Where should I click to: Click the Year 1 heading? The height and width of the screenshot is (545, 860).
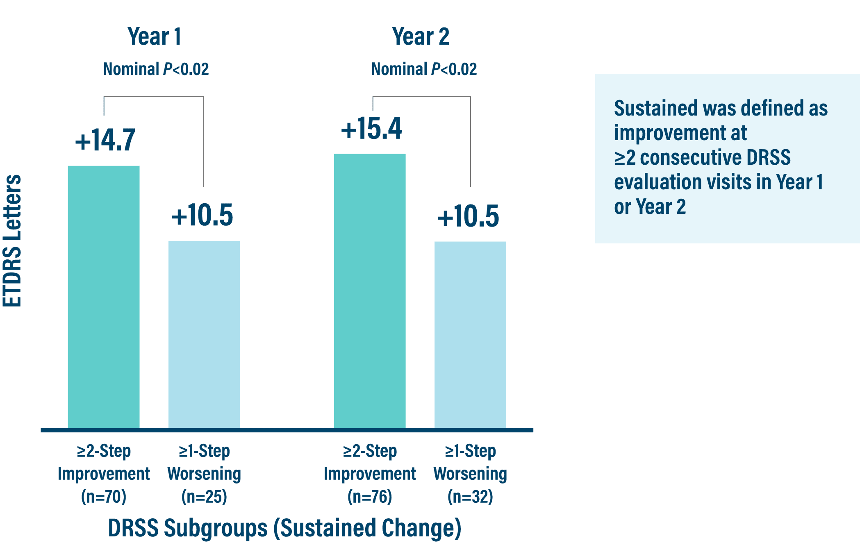(x=154, y=37)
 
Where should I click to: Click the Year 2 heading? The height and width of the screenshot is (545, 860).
(x=421, y=37)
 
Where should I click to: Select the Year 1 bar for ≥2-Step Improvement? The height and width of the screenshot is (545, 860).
(x=104, y=297)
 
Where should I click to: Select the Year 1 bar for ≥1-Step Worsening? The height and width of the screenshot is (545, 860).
(x=204, y=334)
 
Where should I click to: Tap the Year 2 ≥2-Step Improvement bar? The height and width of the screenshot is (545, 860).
(x=370, y=291)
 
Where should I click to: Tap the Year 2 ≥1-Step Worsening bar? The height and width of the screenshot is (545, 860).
(x=470, y=334)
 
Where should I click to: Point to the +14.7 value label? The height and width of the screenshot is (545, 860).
(x=105, y=140)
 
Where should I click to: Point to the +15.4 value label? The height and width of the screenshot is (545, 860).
(x=371, y=129)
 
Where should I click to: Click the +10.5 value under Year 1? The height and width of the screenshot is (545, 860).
(x=202, y=216)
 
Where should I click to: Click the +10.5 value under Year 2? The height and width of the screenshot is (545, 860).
(x=468, y=216)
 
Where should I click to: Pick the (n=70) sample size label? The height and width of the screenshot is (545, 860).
(x=104, y=497)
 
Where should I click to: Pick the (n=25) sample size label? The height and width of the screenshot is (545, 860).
(x=204, y=497)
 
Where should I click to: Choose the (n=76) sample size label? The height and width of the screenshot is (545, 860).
(x=370, y=497)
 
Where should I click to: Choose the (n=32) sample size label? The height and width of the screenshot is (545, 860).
(x=470, y=497)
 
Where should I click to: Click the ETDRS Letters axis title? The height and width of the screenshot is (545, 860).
(x=12, y=241)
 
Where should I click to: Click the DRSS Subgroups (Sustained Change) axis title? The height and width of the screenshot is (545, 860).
(x=284, y=528)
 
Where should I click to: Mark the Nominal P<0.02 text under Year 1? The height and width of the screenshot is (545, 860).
(x=156, y=69)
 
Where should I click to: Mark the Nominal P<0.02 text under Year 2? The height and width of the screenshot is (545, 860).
(x=424, y=69)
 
